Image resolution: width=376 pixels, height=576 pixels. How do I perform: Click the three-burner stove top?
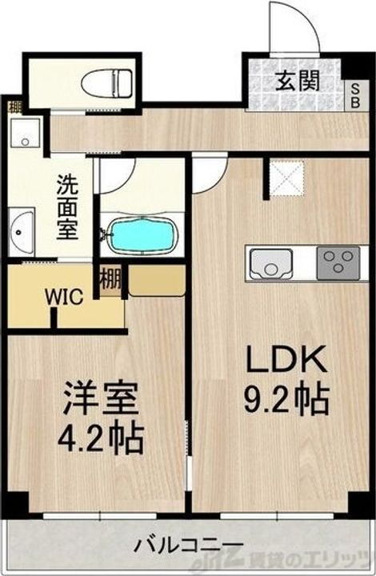click(338, 263)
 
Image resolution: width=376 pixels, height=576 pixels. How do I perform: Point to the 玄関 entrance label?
click(299, 80)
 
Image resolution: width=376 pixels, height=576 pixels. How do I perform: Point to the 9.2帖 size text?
click(286, 398)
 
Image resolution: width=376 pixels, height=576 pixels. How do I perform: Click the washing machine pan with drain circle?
click(27, 138)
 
